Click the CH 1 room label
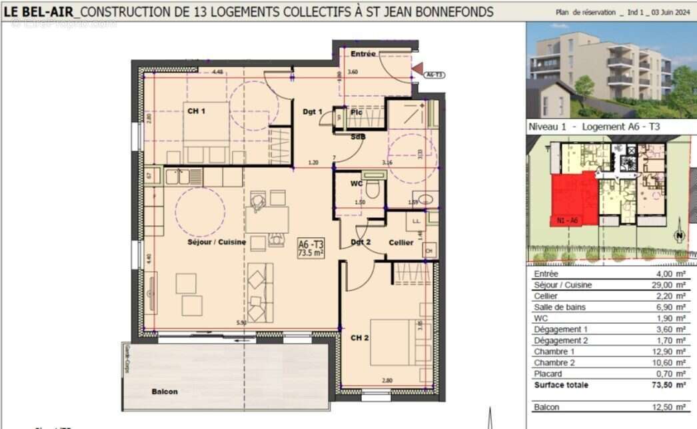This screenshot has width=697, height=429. tap(196, 111)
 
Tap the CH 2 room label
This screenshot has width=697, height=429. tap(360, 337)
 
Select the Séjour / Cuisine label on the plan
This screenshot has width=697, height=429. tap(216, 242)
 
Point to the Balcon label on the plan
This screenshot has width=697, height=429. tap(165, 392)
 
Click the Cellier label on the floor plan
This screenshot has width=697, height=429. tap(401, 242)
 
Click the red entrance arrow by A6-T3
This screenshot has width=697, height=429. tap(418, 67)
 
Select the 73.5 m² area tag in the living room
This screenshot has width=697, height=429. tap(311, 248)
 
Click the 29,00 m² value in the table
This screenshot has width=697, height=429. tap(671, 285)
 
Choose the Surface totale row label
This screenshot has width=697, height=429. tap(561, 385)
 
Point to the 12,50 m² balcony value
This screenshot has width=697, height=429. tap(671, 407)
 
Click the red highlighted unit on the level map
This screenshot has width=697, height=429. tap(570, 200)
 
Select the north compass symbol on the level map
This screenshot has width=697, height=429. tap(679, 235)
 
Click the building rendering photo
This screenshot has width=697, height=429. tap(611, 70)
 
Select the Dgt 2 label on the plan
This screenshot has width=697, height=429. tap(360, 242)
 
